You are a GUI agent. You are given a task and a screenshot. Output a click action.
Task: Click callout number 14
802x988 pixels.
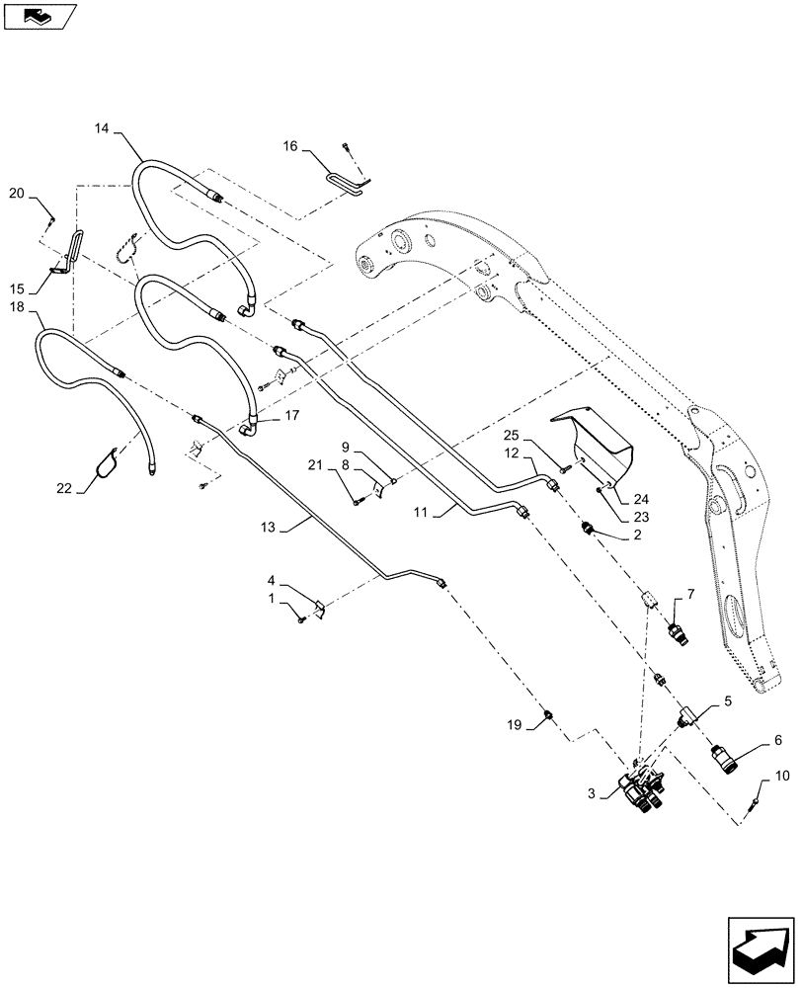[105, 127]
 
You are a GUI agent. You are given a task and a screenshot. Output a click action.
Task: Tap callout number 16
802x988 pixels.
[290, 146]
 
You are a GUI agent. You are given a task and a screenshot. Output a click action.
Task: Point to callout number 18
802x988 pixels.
[17, 309]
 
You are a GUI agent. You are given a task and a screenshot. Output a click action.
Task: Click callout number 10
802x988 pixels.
[782, 777]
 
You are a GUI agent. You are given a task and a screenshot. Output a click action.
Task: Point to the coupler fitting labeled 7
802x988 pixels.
[678, 630]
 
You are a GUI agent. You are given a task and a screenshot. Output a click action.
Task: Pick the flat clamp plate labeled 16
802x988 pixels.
[348, 178]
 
